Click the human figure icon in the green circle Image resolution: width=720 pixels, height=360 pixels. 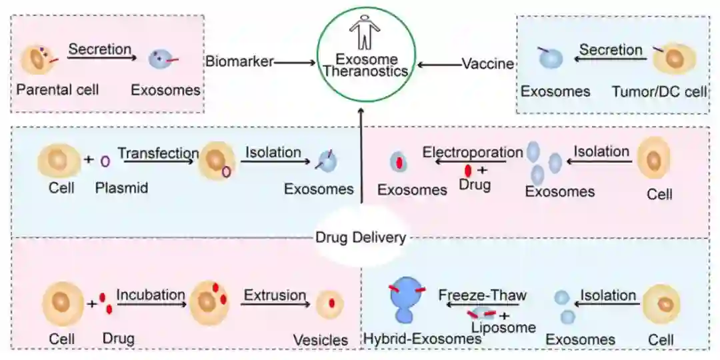tap(365, 32)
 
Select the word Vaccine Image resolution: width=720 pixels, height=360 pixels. tap(488, 64)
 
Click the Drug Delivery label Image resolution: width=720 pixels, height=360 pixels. tap(361, 237)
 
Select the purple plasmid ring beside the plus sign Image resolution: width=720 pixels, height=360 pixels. tap(105, 161)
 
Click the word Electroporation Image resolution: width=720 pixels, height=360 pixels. tap(473, 152)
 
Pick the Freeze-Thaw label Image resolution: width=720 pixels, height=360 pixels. tap(482, 295)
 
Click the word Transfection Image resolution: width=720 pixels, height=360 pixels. tap(159, 153)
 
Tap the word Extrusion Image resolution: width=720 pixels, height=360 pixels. tap(275, 295)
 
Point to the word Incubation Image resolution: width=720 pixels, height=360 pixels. tap(151, 295)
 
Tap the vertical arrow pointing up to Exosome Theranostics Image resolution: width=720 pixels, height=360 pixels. tap(360, 154)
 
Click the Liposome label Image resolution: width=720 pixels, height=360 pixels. tap(503, 327)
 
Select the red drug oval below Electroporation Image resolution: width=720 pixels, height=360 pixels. tap(468, 171)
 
